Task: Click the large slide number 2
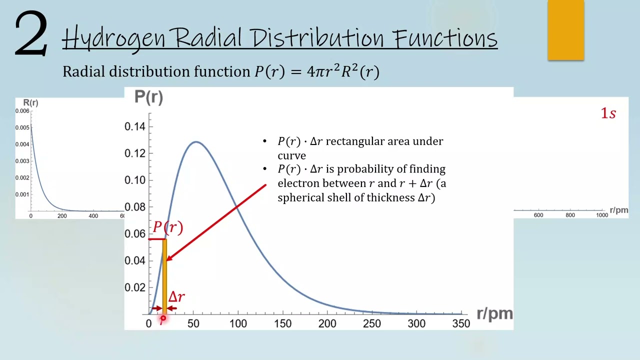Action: (x=31, y=34)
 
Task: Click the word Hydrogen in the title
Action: (x=113, y=38)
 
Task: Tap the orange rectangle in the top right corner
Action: (x=565, y=30)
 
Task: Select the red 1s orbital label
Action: (x=608, y=113)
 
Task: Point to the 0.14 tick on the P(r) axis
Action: (x=135, y=126)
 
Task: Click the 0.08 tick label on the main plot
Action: (x=135, y=207)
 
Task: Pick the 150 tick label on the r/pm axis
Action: (x=282, y=323)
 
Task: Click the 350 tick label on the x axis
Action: (x=460, y=323)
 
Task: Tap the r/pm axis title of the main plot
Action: (x=494, y=313)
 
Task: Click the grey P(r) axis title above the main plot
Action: (x=148, y=97)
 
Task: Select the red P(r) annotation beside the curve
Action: (x=168, y=227)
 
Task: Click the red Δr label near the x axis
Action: (x=176, y=297)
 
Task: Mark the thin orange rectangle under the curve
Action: (x=164, y=277)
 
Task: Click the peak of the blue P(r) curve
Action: (x=196, y=142)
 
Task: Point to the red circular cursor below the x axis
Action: (x=163, y=318)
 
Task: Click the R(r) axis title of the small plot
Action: (x=30, y=102)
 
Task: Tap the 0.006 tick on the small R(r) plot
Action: (x=22, y=111)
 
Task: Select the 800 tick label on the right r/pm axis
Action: (x=570, y=215)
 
